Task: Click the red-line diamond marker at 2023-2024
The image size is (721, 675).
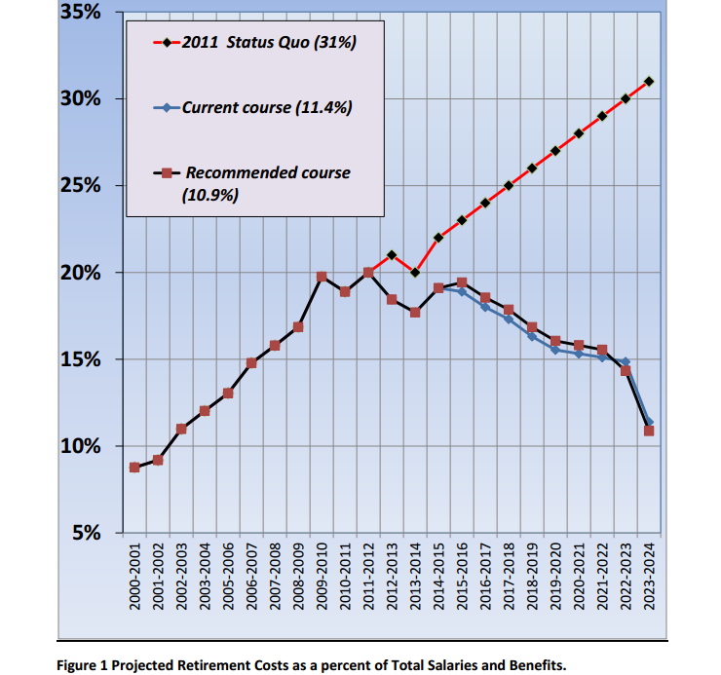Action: [649, 81]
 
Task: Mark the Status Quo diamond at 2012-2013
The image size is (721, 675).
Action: [392, 255]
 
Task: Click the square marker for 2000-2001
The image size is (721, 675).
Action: [134, 468]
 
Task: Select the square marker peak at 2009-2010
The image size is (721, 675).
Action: [322, 277]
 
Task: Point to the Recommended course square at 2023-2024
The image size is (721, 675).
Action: [649, 431]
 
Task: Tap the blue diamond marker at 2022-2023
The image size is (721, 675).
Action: [626, 362]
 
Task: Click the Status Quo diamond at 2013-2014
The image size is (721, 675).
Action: [415, 273]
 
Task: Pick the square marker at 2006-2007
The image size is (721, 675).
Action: [251, 363]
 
